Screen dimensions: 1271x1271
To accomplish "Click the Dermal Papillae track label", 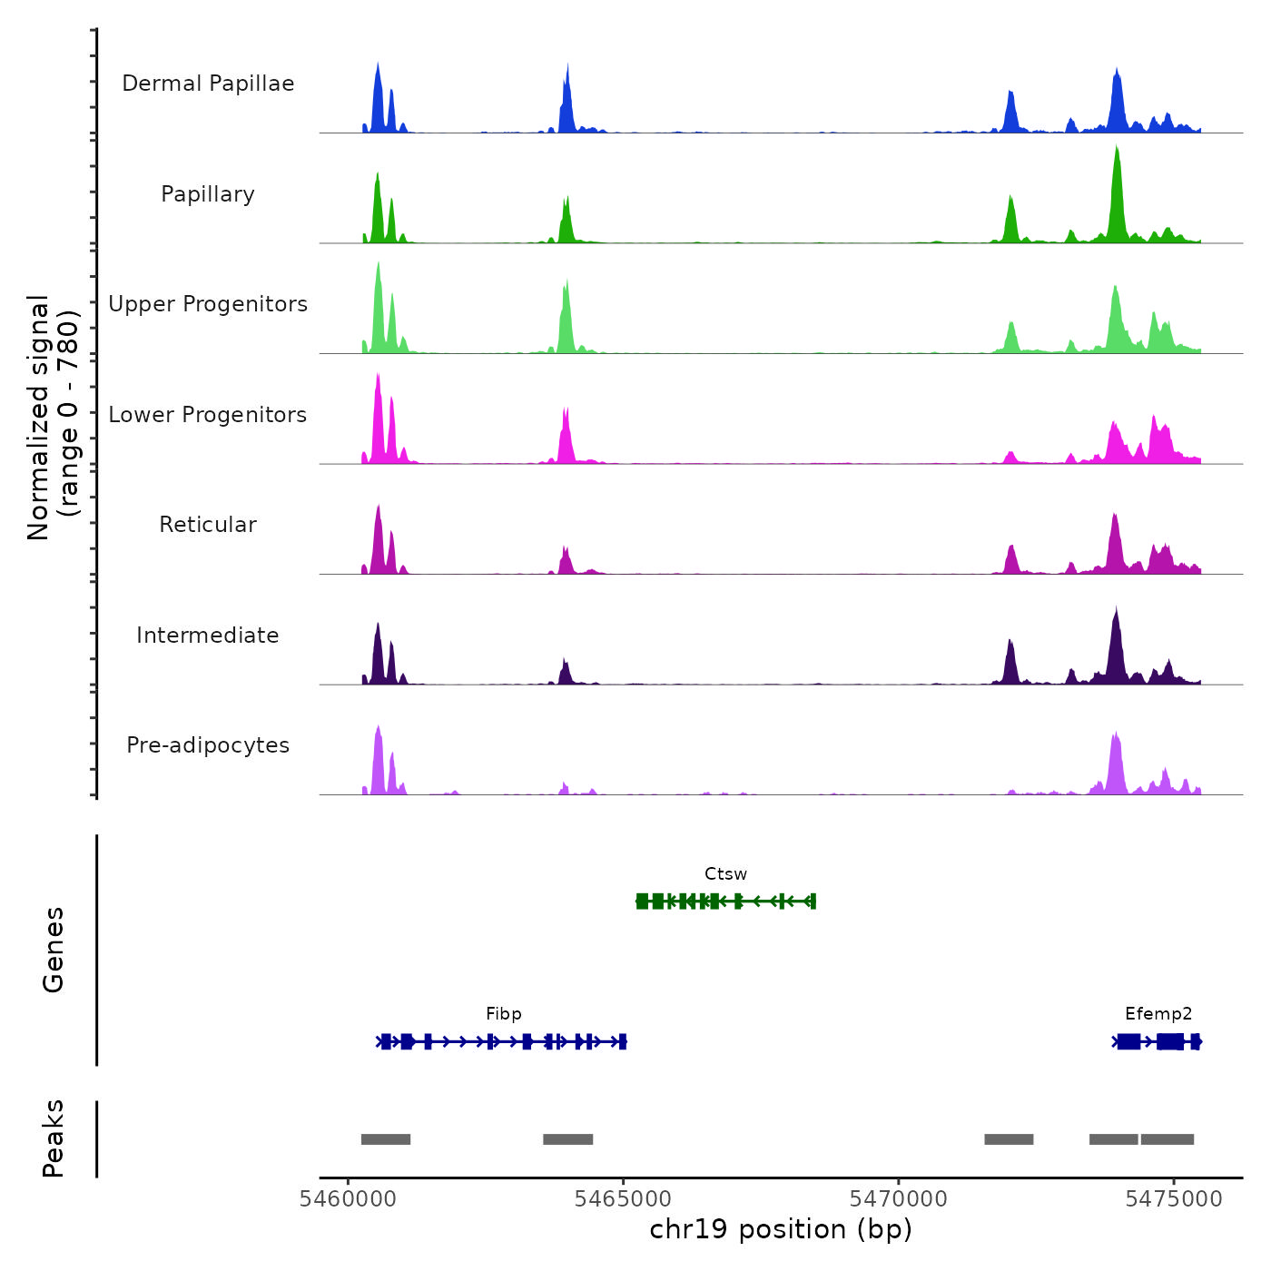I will [208, 84].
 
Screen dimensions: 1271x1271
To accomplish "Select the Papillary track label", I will [208, 194].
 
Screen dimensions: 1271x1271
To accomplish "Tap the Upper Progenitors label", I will [208, 304].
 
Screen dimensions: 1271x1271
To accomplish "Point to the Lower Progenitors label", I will [208, 415].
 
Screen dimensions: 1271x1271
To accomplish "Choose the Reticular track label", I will [208, 525].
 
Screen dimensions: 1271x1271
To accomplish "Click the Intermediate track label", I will [208, 635].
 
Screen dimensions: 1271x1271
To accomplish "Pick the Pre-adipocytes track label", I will [208, 745].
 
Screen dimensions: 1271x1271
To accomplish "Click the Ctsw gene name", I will [725, 874].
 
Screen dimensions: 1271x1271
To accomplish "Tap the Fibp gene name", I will [504, 1014].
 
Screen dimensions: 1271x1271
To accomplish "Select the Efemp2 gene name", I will [1158, 1014].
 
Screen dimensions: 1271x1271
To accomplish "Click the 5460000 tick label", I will [348, 1199].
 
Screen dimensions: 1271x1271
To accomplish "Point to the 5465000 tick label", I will [623, 1199].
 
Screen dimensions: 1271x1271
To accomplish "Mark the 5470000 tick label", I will [898, 1199].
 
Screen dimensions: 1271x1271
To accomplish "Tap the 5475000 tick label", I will [1174, 1199].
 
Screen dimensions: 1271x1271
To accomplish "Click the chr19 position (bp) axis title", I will [781, 1229].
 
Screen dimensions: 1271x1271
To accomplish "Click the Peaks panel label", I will [54, 1138].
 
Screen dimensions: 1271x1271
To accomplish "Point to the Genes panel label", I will [54, 950].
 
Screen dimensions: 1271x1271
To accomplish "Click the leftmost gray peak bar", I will [386, 1139].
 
